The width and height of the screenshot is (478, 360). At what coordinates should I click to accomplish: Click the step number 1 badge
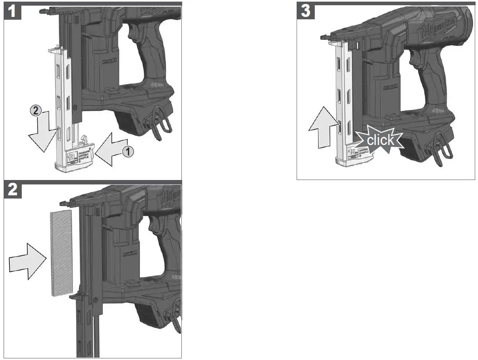pos(12,11)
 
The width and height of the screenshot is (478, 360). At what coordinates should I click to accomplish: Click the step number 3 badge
pos(306,11)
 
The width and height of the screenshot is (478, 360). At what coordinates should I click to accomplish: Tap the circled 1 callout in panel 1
pos(128,152)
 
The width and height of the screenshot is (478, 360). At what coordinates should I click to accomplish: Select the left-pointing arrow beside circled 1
pos(113,150)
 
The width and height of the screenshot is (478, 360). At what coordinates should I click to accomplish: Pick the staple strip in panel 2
pos(61,253)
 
